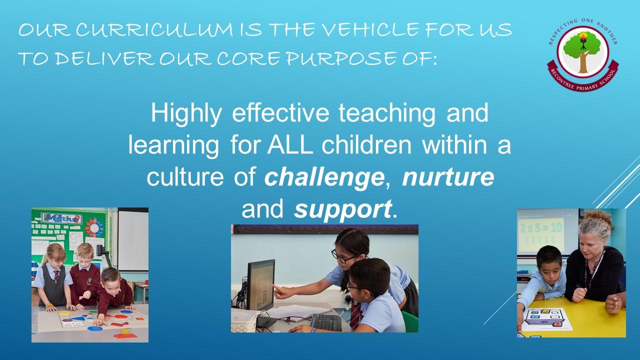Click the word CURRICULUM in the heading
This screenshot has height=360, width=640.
click(x=154, y=29)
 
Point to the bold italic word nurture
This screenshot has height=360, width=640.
click(x=448, y=177)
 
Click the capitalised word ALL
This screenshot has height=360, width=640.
click(x=290, y=145)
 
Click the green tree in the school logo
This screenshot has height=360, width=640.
click(x=582, y=47)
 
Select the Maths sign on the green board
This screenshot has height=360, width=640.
click(x=61, y=218)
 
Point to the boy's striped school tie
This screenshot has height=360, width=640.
click(x=356, y=315)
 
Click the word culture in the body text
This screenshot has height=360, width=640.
click(x=185, y=177)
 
